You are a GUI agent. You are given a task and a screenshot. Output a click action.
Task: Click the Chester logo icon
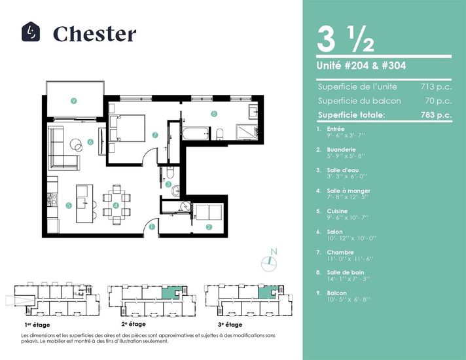(x=31, y=32)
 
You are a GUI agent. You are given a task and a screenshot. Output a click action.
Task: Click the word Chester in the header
(x=94, y=33)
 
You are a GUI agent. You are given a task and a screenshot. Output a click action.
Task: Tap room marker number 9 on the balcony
(x=74, y=101)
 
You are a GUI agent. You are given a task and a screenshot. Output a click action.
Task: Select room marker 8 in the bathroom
(x=214, y=113)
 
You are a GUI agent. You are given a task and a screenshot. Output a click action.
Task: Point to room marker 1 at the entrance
(x=152, y=227)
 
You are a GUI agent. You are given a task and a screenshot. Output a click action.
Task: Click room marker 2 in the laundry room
(x=209, y=227)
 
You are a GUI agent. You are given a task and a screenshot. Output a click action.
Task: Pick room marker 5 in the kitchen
(x=69, y=204)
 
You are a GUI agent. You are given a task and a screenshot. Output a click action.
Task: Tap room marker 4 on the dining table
(x=116, y=206)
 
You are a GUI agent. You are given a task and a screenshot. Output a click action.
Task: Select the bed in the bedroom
(x=128, y=128)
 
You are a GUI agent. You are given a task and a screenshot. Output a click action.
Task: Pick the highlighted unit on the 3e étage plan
(x=264, y=293)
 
